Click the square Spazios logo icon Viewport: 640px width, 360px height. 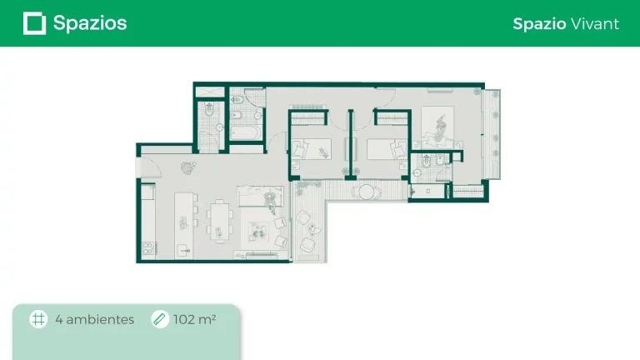point(34,23)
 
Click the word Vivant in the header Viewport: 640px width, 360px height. point(595,23)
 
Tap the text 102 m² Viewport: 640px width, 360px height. point(195,319)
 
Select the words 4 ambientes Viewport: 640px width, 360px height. point(95,319)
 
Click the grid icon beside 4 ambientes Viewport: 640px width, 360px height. point(38,319)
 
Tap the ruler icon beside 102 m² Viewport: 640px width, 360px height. point(160,319)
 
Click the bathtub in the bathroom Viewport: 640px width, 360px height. point(245,132)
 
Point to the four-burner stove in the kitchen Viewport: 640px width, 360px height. point(148,248)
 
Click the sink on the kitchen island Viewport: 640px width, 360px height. point(184,250)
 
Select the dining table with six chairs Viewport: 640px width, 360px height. point(220,221)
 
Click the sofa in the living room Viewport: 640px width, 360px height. point(260,197)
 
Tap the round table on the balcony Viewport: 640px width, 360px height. point(366,192)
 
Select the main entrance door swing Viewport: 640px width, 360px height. point(150,167)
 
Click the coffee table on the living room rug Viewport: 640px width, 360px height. point(258,232)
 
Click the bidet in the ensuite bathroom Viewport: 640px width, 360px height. point(440,160)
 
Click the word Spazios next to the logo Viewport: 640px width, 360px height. point(90,23)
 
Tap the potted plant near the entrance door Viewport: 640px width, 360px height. point(187,167)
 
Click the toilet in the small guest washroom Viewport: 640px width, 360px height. point(209,109)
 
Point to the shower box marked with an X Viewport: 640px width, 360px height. point(210,92)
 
